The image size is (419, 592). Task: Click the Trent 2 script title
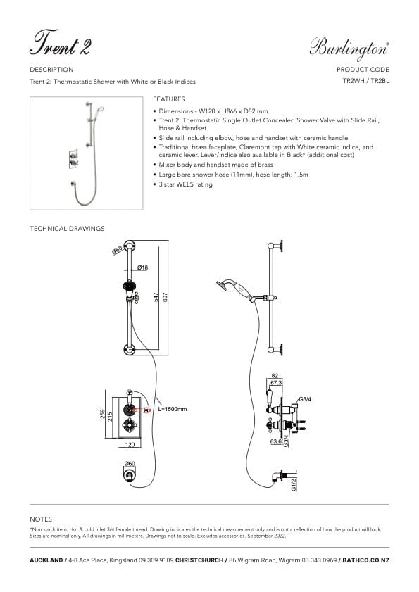pyautogui.click(x=60, y=44)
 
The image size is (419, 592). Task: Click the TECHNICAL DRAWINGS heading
pyautogui.click(x=67, y=229)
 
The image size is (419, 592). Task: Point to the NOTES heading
pyautogui.click(x=42, y=519)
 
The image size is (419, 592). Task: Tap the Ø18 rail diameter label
pyautogui.click(x=142, y=267)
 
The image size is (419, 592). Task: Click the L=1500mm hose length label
pyautogui.click(x=173, y=409)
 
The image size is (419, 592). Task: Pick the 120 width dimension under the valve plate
pyautogui.click(x=129, y=446)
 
